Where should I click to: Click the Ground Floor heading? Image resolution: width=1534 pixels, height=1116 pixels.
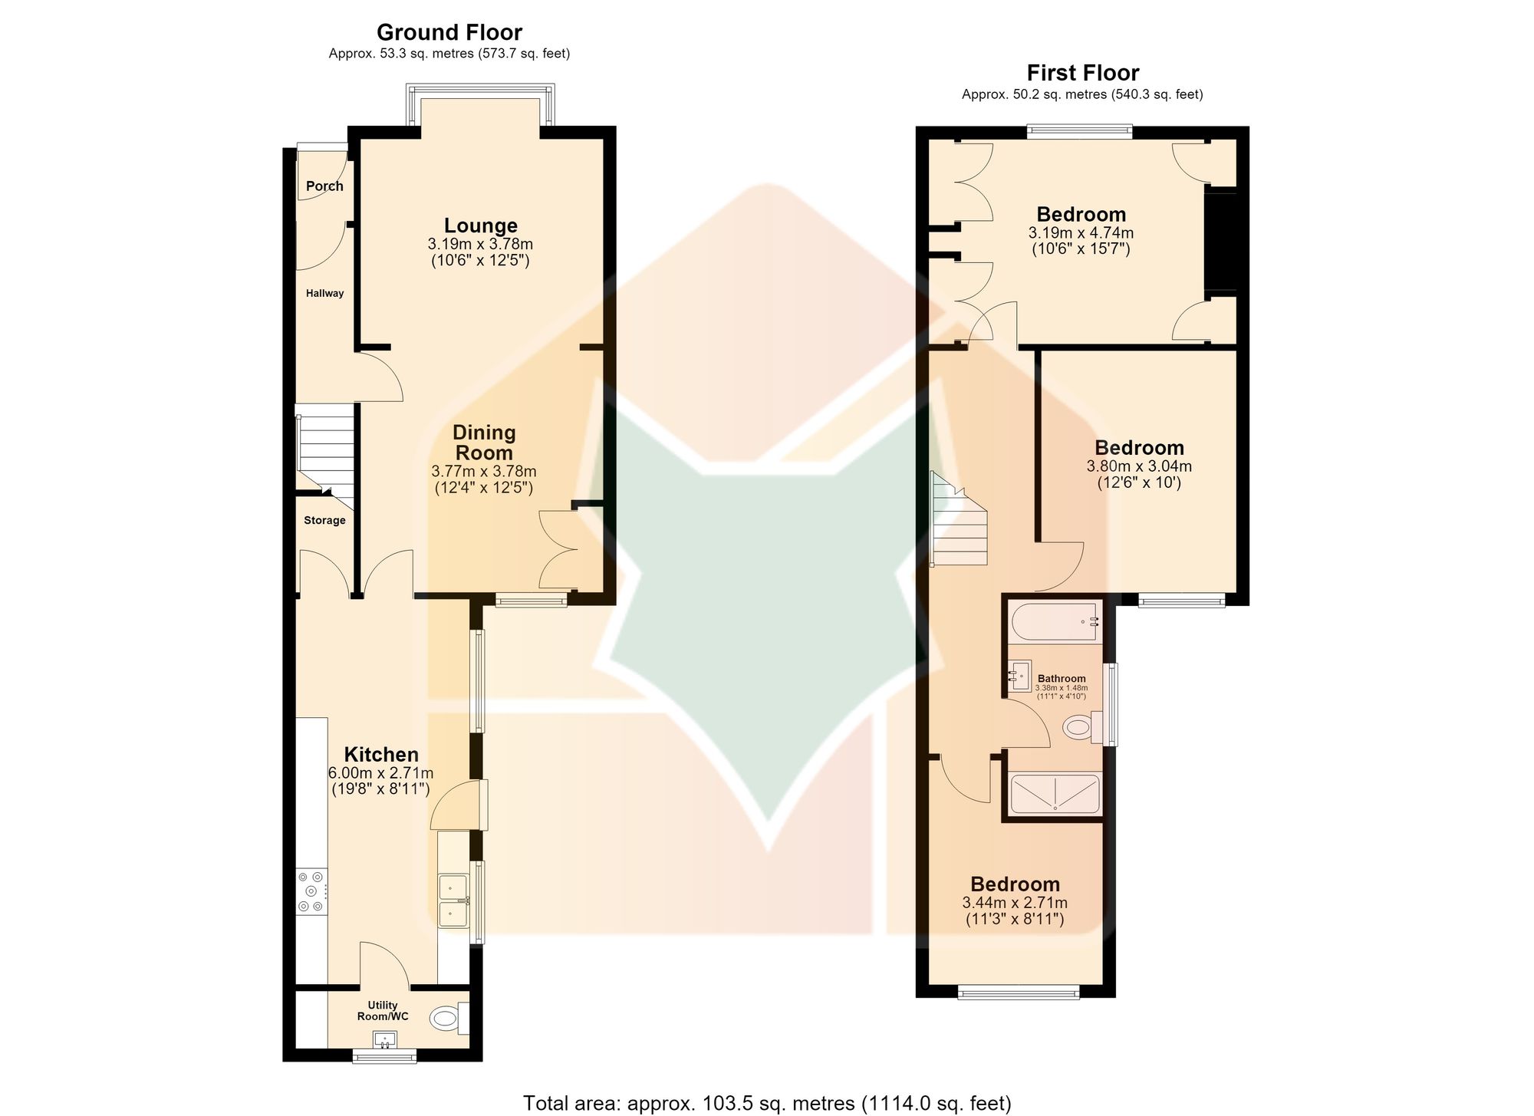[449, 32]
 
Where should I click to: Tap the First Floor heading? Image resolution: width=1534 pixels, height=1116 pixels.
[1083, 73]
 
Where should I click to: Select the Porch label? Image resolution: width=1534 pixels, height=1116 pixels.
[324, 186]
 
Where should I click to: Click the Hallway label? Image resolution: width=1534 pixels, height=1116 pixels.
[324, 293]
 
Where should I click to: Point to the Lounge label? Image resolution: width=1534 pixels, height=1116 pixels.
[481, 226]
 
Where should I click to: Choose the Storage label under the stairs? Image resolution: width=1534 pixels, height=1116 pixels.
[324, 520]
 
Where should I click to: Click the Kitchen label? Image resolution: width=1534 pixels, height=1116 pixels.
[381, 754]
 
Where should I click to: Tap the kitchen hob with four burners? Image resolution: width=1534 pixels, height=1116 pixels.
[313, 891]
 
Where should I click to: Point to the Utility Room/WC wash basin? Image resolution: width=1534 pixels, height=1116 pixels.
[385, 1040]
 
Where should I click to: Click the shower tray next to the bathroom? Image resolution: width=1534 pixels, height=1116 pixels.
[1055, 794]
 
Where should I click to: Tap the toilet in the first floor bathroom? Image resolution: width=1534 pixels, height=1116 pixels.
[1084, 726]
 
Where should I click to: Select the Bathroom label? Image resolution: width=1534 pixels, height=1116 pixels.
[1062, 678]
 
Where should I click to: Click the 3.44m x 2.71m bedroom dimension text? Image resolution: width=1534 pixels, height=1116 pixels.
[1015, 903]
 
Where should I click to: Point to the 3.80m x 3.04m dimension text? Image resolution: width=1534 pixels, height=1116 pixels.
[1139, 466]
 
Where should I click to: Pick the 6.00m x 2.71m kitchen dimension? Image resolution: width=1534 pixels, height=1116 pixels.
[380, 772]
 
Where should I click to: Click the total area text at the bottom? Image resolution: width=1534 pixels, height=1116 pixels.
[767, 1103]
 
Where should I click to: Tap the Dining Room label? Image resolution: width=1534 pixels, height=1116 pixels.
[483, 443]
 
